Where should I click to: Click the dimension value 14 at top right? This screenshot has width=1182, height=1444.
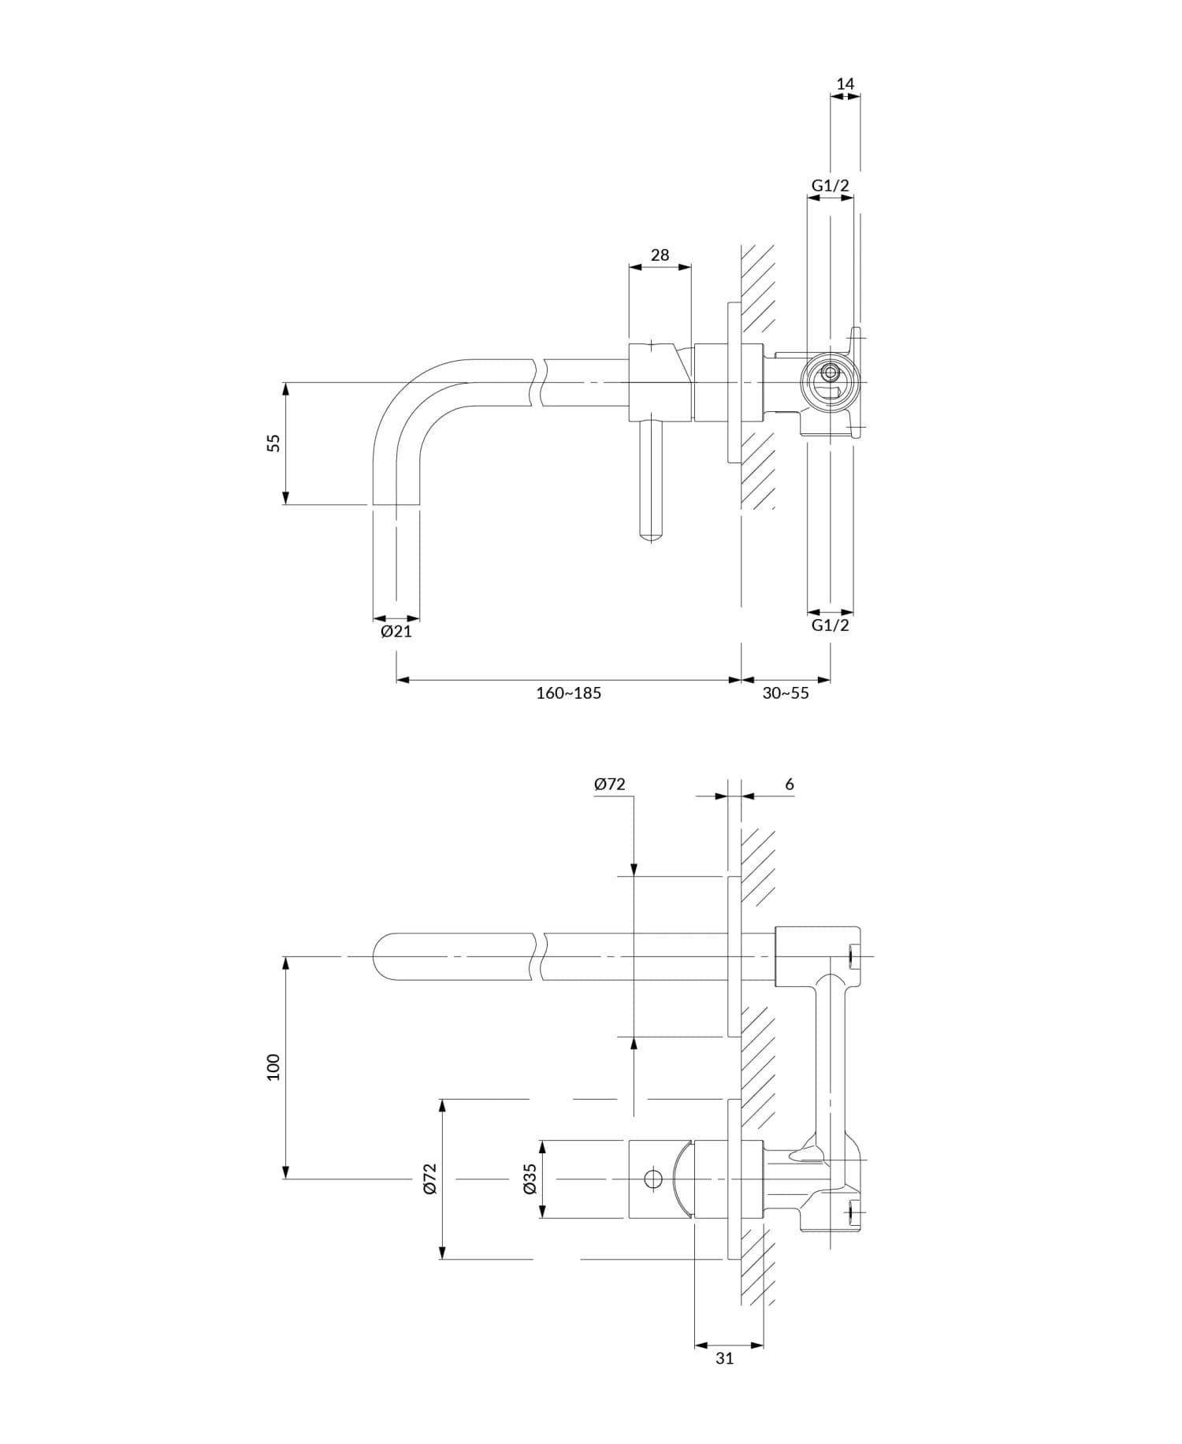(x=845, y=84)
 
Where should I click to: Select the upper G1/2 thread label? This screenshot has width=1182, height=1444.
(x=831, y=186)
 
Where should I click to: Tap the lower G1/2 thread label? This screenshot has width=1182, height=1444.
(x=831, y=625)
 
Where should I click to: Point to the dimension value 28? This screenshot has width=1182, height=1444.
(x=660, y=255)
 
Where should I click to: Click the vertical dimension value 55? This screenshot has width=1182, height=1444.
(x=273, y=443)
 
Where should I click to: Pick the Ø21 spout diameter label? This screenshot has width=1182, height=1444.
(x=396, y=632)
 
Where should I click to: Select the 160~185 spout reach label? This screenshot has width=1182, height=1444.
(x=568, y=693)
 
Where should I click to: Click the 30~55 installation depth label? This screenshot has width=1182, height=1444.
(x=785, y=693)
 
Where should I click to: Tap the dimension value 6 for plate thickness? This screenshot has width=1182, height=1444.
(x=790, y=785)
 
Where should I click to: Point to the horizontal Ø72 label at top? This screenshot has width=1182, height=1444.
(x=609, y=785)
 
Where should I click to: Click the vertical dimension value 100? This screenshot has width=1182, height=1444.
(x=273, y=1067)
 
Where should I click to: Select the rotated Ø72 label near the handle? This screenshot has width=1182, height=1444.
(x=429, y=1179)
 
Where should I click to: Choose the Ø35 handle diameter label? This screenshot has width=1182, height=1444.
(x=530, y=1179)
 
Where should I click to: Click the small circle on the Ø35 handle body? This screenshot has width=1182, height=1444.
(x=652, y=1179)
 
